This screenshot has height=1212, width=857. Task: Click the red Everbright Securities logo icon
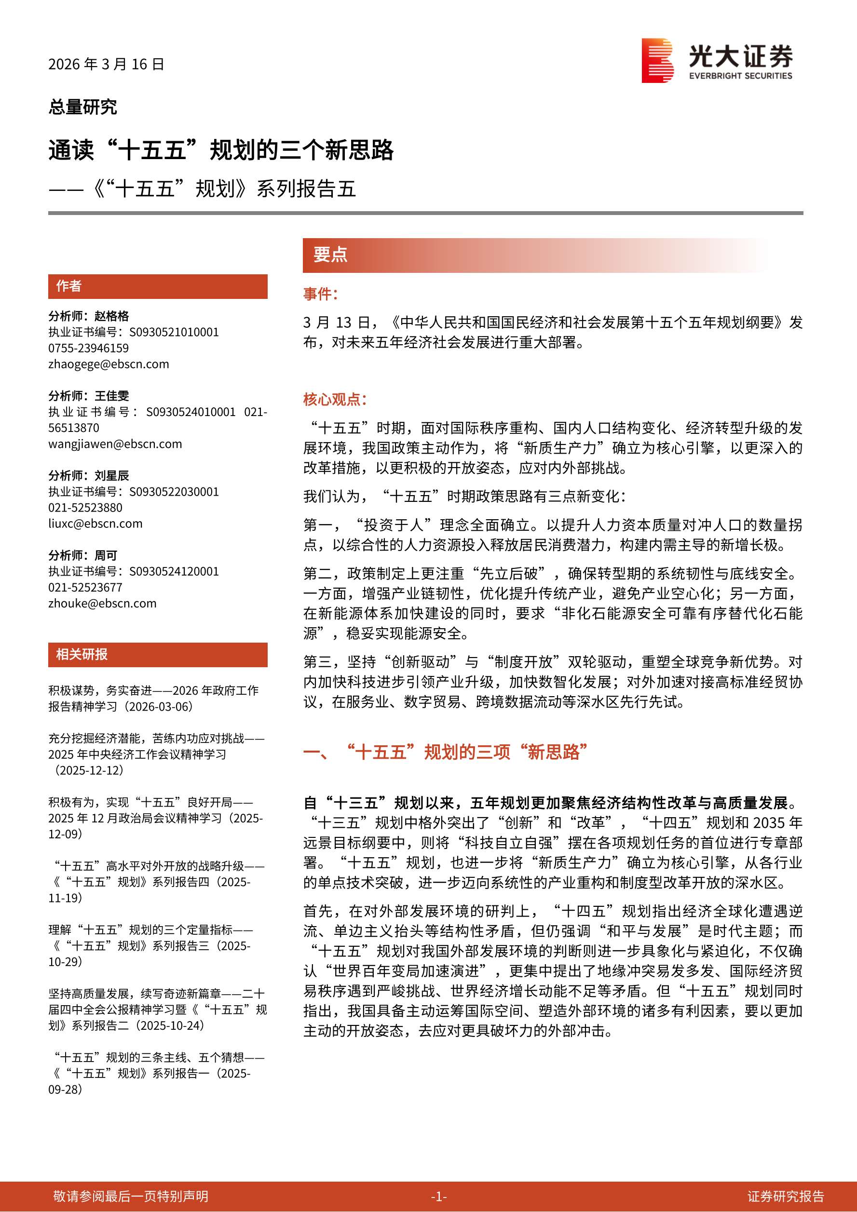657,60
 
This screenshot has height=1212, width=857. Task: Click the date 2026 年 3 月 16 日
106,65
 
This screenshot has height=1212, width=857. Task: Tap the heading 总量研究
82,107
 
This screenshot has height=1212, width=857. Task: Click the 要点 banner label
330,255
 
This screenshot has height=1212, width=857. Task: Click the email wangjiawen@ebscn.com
115,444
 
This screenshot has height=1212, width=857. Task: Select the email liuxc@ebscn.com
95,524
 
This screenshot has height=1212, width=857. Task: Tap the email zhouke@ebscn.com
102,604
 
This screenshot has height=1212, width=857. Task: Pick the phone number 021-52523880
85,508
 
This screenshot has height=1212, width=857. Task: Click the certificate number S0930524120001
174,572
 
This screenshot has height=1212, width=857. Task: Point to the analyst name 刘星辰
112,476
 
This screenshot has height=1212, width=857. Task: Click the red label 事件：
320,294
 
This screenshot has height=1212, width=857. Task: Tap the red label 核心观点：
334,400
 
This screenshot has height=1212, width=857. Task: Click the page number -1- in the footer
438,1197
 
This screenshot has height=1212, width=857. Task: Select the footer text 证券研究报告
786,1197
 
